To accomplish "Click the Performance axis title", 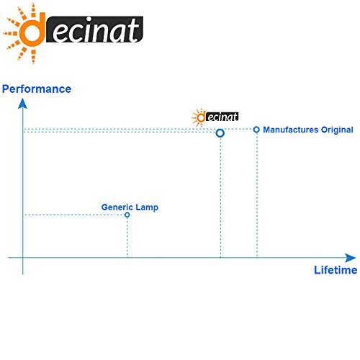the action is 37,89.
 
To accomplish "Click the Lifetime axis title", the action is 336,270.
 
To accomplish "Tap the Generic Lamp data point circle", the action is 127,215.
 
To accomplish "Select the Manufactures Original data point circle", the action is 256,130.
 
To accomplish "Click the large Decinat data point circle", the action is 220,133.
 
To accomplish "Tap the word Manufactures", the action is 291,130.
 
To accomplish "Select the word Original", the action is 337,130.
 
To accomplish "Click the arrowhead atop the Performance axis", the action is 22,104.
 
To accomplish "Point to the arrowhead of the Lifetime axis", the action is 350,258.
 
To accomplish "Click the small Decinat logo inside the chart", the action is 215,117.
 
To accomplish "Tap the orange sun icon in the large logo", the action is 24,33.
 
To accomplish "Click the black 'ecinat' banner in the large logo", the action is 94,30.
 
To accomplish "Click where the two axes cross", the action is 23,258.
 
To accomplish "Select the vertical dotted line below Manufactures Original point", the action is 257,195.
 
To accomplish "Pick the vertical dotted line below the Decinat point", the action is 220,197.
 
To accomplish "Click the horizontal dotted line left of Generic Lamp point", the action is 74,215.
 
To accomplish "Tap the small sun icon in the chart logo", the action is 199,117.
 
